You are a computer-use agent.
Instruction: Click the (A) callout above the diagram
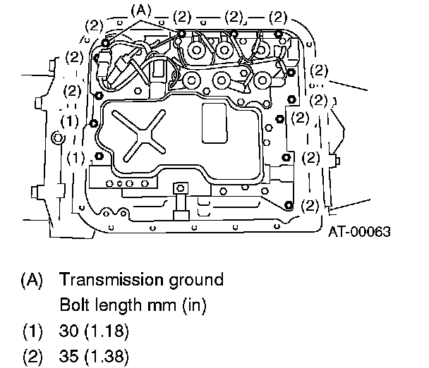[141, 11]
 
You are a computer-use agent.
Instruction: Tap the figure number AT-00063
[359, 232]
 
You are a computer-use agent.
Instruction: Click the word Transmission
[111, 279]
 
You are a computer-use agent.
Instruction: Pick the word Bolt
[73, 305]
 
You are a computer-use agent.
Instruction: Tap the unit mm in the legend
[162, 306]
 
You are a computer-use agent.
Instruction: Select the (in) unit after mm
[194, 305]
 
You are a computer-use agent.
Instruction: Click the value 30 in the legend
[68, 331]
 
